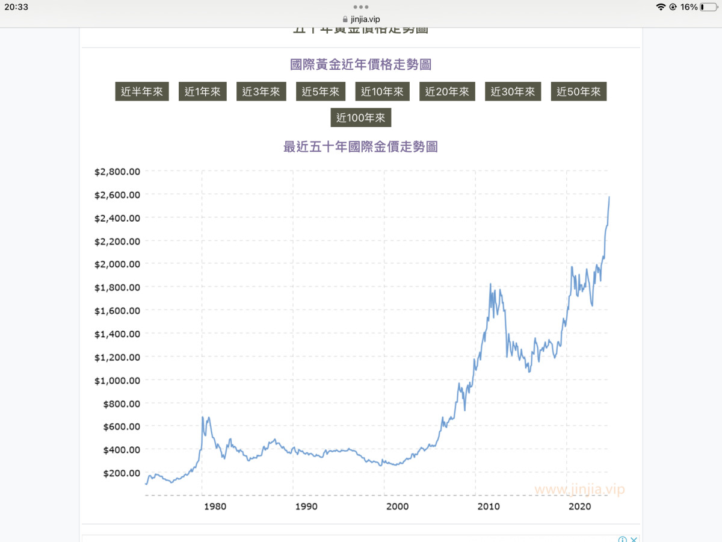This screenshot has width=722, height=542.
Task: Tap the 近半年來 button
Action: pos(142,92)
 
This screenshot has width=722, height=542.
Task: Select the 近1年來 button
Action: pos(203,92)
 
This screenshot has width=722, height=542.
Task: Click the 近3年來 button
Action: pos(261,92)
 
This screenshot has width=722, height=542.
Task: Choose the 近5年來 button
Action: pos(321,92)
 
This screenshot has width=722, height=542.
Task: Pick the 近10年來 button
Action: pos(383,92)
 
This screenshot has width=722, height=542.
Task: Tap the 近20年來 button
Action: pos(447,92)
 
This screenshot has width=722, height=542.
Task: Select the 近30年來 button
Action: pos(513,92)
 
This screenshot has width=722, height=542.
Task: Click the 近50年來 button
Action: pos(579,92)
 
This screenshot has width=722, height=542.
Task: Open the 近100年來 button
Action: pos(361,118)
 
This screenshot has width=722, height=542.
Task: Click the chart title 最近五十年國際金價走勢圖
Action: pos(360,146)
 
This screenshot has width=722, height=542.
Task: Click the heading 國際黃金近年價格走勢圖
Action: pos(360,64)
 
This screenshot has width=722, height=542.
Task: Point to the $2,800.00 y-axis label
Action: pos(117,172)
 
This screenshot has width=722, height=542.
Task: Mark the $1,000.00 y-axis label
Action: pos(117,380)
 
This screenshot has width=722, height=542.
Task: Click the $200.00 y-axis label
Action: pos(120,473)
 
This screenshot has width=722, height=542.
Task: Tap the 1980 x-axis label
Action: pos(215,506)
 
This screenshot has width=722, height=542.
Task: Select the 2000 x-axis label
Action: pos(397,506)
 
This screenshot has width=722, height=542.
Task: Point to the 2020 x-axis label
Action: pos(579,506)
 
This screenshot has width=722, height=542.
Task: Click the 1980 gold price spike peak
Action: pos(203,417)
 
